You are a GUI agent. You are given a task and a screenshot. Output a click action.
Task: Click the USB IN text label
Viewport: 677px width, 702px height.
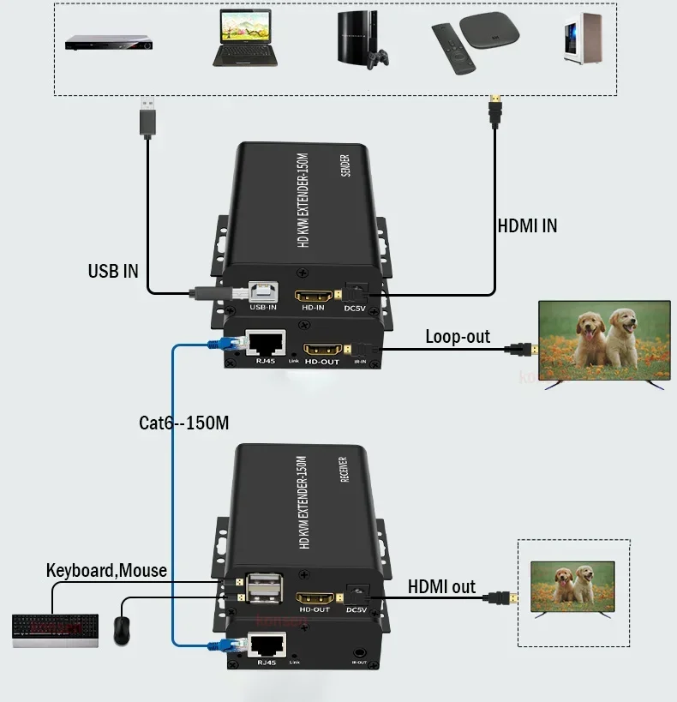point(112,271)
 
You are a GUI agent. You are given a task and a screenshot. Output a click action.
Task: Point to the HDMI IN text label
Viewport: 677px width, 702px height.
point(527,226)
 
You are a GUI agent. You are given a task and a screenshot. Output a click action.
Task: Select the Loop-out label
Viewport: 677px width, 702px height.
point(458,337)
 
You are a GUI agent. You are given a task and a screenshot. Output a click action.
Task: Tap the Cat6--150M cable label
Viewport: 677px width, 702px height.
point(183,423)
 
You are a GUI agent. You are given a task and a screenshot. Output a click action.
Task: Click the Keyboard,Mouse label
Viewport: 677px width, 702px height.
point(106,570)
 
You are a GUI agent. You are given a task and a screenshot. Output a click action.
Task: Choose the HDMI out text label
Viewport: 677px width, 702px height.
point(441,586)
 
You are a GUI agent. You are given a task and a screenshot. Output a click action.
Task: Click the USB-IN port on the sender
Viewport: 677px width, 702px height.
point(262,293)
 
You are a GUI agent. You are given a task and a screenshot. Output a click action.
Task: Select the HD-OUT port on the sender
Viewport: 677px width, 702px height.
point(323,350)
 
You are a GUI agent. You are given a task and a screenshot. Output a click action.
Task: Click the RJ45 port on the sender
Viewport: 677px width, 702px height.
point(265,344)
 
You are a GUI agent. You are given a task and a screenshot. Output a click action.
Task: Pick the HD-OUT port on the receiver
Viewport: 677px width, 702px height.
point(314,597)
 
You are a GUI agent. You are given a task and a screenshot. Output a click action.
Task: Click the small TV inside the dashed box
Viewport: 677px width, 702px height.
point(573,588)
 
